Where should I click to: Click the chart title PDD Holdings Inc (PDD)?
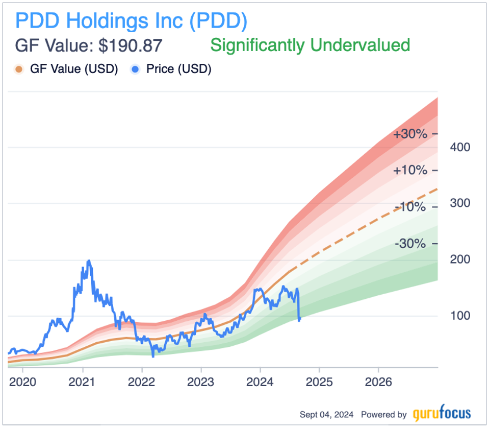132,20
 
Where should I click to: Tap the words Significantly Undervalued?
310,45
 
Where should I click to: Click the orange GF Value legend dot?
19,69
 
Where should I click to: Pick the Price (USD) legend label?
178,69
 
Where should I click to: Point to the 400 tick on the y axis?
459,147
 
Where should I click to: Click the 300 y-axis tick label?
459,203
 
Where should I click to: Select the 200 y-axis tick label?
459,259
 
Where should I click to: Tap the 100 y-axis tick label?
459,316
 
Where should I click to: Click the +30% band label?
409,134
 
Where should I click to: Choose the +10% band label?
409,170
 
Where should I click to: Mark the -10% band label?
409,207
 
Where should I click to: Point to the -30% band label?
409,243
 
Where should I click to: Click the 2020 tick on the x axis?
23,382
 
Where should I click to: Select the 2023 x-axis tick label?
201,382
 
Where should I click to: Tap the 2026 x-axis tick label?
378,382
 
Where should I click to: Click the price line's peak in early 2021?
89,261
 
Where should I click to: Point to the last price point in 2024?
300,319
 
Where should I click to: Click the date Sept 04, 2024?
328,414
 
